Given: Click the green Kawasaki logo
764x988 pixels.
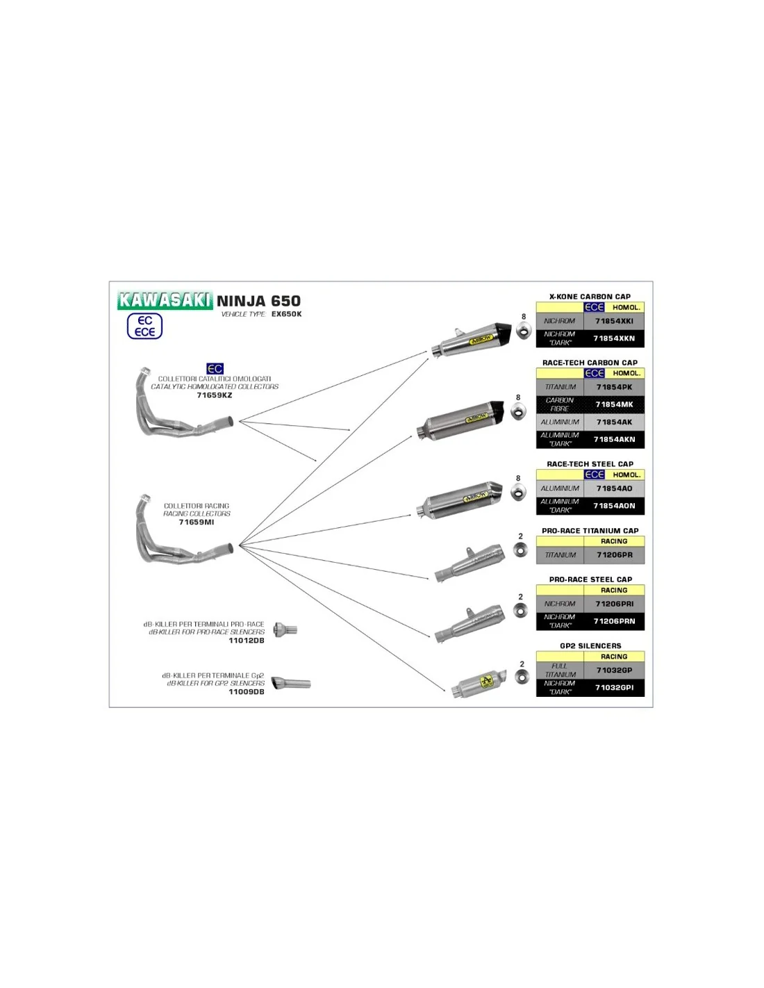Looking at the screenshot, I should (165, 300).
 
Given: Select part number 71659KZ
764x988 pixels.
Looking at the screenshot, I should (215, 395).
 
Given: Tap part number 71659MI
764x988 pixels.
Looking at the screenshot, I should (197, 522).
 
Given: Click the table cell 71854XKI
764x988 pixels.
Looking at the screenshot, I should (614, 321).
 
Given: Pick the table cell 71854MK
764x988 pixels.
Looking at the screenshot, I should (614, 404).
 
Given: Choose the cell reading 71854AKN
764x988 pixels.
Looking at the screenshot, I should (614, 439).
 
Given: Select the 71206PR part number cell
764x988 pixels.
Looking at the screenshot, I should (614, 555).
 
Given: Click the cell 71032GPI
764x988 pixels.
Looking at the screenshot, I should (614, 688).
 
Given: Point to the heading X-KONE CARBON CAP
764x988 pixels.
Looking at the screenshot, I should (590, 297).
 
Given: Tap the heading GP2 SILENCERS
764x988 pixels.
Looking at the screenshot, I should (590, 646).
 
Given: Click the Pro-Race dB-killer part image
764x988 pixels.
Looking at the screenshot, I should (285, 629).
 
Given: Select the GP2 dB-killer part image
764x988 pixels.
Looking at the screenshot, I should (290, 683).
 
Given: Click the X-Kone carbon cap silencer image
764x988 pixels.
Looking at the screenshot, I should (472, 341).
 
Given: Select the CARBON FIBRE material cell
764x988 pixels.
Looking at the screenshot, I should (560, 404).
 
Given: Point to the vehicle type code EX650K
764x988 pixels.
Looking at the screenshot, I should (286, 314).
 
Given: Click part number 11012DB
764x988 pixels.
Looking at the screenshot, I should (247, 641).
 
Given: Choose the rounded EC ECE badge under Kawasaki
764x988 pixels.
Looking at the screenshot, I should (144, 327).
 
